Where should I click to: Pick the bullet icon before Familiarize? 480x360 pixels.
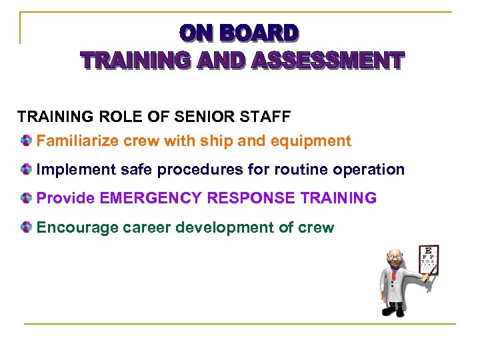coord(25,141)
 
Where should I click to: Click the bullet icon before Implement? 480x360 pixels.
coord(25,170)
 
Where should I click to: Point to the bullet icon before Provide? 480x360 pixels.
coord(25,199)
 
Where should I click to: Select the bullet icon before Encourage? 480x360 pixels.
coord(25,228)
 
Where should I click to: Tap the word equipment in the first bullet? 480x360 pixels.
coord(315,141)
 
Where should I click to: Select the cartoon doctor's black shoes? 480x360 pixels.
coord(396,310)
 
